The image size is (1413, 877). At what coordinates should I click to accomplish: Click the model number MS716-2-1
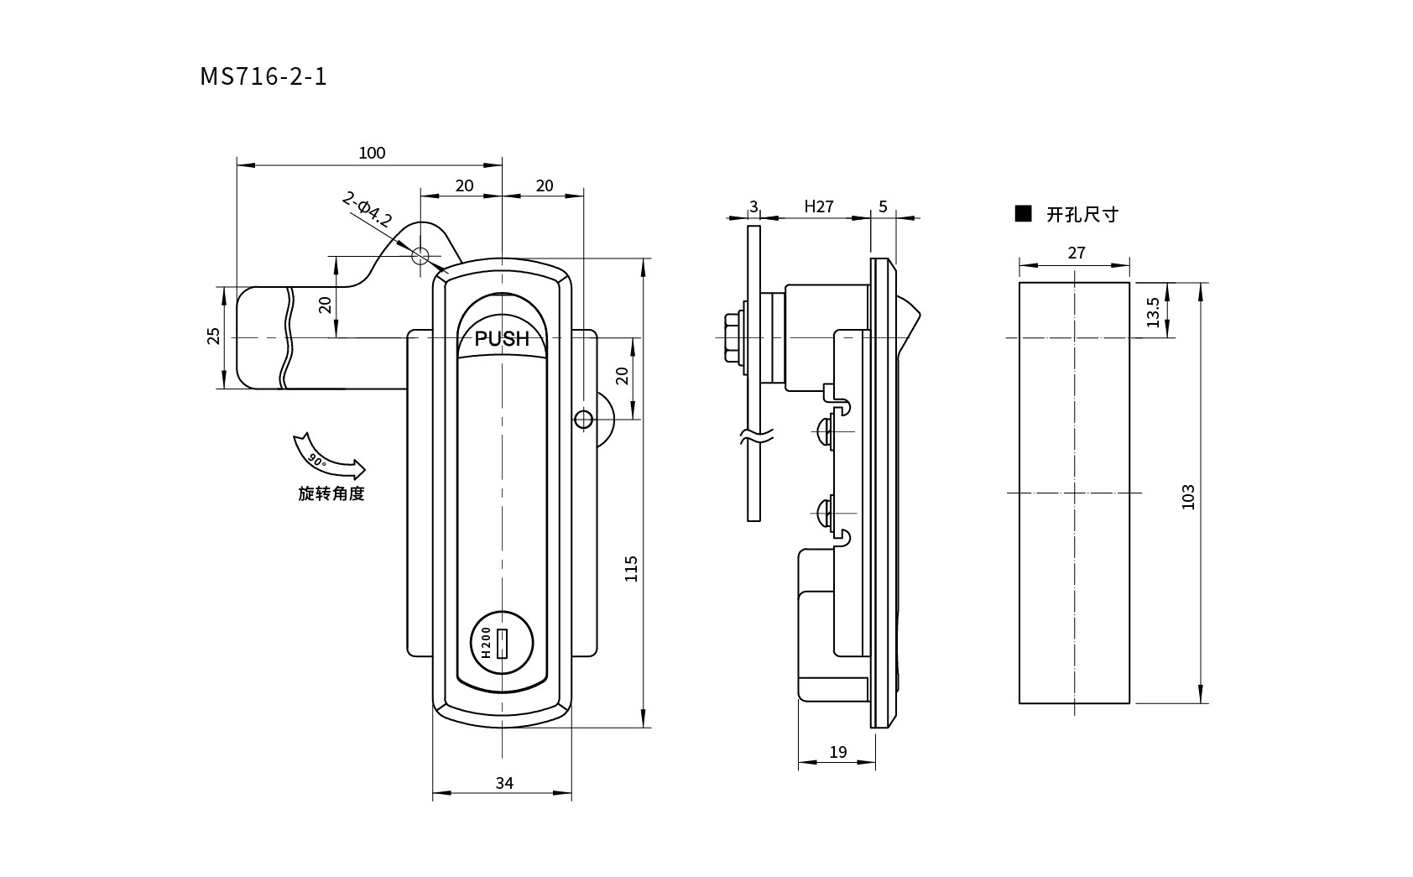click(263, 76)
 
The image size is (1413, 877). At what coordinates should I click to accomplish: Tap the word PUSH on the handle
click(502, 339)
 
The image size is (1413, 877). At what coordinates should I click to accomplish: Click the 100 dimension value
click(372, 153)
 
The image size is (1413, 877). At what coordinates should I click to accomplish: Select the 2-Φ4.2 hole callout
click(367, 210)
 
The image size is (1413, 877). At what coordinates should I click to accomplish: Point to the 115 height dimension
click(632, 568)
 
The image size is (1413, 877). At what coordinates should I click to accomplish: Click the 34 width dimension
click(503, 783)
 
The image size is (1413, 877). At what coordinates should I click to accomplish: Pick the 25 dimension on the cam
click(214, 336)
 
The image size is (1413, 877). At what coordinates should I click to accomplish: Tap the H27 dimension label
click(818, 206)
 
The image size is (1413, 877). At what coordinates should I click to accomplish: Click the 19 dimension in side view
click(837, 752)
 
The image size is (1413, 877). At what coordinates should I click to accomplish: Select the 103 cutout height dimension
click(1187, 496)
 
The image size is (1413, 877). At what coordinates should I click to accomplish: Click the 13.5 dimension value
click(1153, 312)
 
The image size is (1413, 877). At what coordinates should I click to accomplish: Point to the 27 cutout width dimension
click(1077, 253)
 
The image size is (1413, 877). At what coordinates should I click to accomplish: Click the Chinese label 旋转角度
click(331, 493)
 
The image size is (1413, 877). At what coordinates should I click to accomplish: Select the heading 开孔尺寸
click(1082, 215)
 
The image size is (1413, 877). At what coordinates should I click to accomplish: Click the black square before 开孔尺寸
click(1023, 213)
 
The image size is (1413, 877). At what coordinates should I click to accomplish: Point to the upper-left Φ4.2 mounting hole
click(420, 255)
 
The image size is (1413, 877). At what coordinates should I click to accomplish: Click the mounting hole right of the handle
click(582, 419)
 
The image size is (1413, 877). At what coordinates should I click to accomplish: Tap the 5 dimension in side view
click(883, 206)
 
